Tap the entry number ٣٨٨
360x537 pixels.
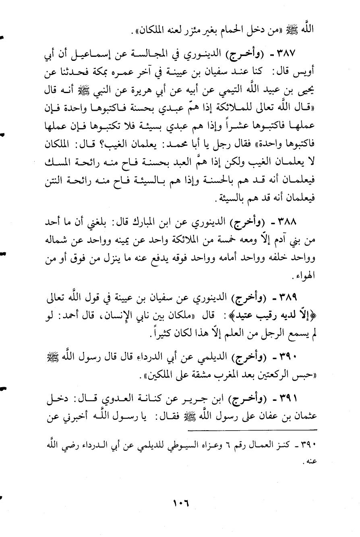click(308, 221)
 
